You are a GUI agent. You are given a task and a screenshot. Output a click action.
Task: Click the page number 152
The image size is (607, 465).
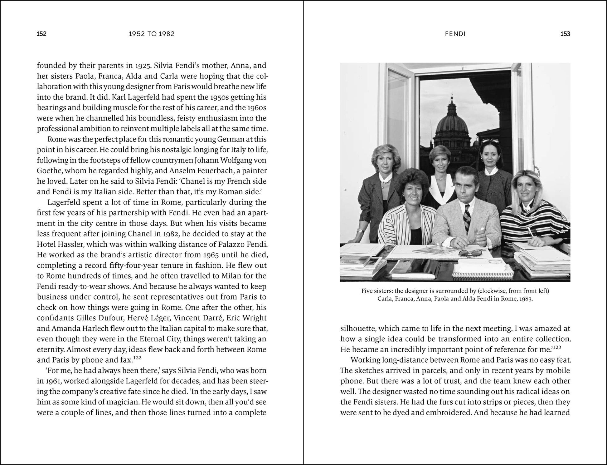click(x=41, y=34)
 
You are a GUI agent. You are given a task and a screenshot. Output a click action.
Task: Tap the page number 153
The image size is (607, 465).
click(x=565, y=34)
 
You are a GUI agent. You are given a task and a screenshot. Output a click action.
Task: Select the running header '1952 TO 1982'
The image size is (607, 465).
click(x=152, y=34)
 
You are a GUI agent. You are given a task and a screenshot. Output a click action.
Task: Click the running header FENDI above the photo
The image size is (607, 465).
click(x=455, y=34)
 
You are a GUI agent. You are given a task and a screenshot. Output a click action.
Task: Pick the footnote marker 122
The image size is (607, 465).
click(x=137, y=358)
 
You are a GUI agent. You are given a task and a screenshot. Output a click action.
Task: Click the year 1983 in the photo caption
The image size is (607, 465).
click(x=526, y=299)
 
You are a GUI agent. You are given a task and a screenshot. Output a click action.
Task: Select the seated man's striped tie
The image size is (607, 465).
click(x=467, y=219)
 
